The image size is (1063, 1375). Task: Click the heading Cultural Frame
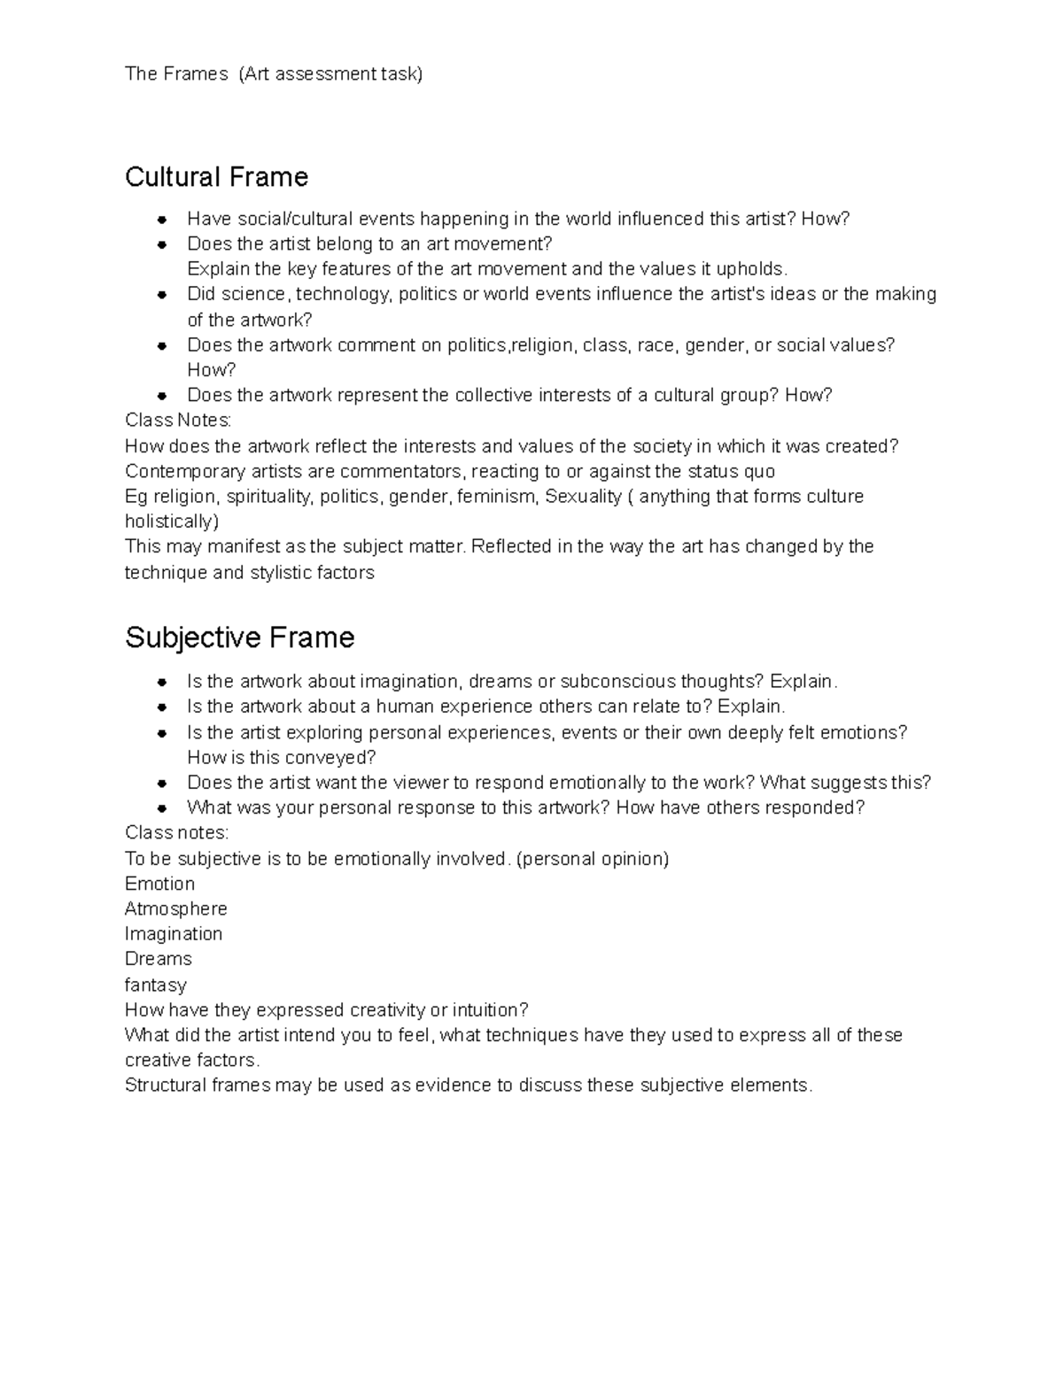point(216,177)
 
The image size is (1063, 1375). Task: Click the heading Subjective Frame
point(239,637)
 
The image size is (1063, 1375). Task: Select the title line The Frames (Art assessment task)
point(274,73)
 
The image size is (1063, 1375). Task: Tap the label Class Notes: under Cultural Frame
point(178,420)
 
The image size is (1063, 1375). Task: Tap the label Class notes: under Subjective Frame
point(176,832)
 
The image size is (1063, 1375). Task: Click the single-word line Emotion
point(159,884)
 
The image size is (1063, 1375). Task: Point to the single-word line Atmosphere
point(175,908)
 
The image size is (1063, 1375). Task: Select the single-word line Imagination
point(174,933)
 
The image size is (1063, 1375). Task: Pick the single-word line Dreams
point(159,959)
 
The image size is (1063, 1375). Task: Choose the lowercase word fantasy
point(156,985)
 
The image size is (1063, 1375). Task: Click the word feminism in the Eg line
point(497,497)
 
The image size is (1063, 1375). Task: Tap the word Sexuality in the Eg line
point(583,497)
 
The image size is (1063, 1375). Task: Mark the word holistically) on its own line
point(172,521)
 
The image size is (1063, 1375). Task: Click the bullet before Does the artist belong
point(162,244)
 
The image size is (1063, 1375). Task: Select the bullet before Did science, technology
point(162,295)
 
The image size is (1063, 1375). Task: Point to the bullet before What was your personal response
point(162,808)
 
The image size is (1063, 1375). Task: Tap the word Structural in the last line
point(165,1085)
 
